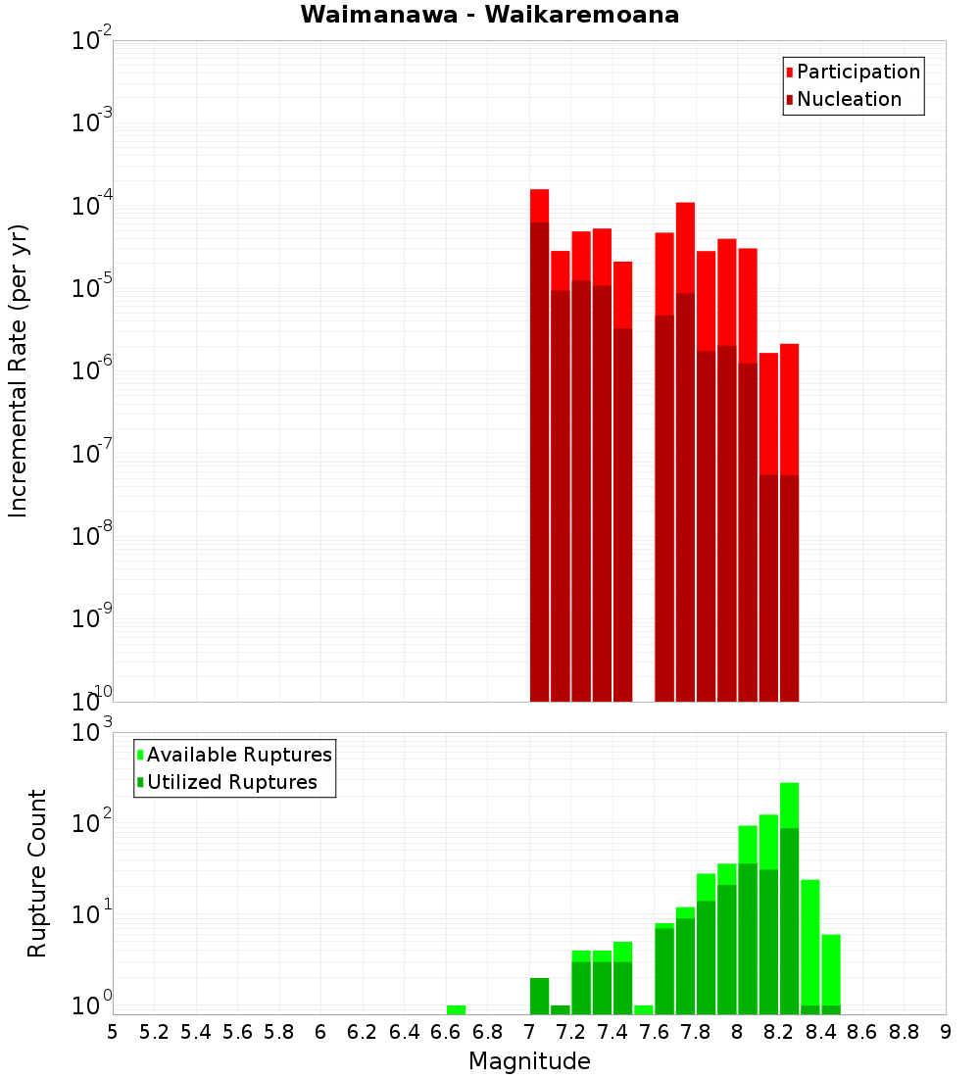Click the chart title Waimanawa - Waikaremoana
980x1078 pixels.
[x=490, y=15]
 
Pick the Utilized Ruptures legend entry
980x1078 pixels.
[x=231, y=782]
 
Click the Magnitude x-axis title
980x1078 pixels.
[x=529, y=1061]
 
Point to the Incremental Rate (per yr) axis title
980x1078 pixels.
[x=19, y=371]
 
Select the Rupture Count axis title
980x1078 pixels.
[x=37, y=873]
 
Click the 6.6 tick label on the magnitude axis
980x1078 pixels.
[x=446, y=1032]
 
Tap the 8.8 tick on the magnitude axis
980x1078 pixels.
[x=904, y=1032]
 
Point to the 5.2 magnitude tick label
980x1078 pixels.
[x=154, y=1032]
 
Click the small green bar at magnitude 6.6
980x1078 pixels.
[x=456, y=1009]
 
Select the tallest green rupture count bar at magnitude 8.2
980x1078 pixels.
[x=789, y=882]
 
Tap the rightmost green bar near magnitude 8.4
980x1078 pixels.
[x=831, y=970]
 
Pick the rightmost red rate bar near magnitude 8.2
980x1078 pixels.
[x=789, y=490]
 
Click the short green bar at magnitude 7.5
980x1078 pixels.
[x=643, y=1009]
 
